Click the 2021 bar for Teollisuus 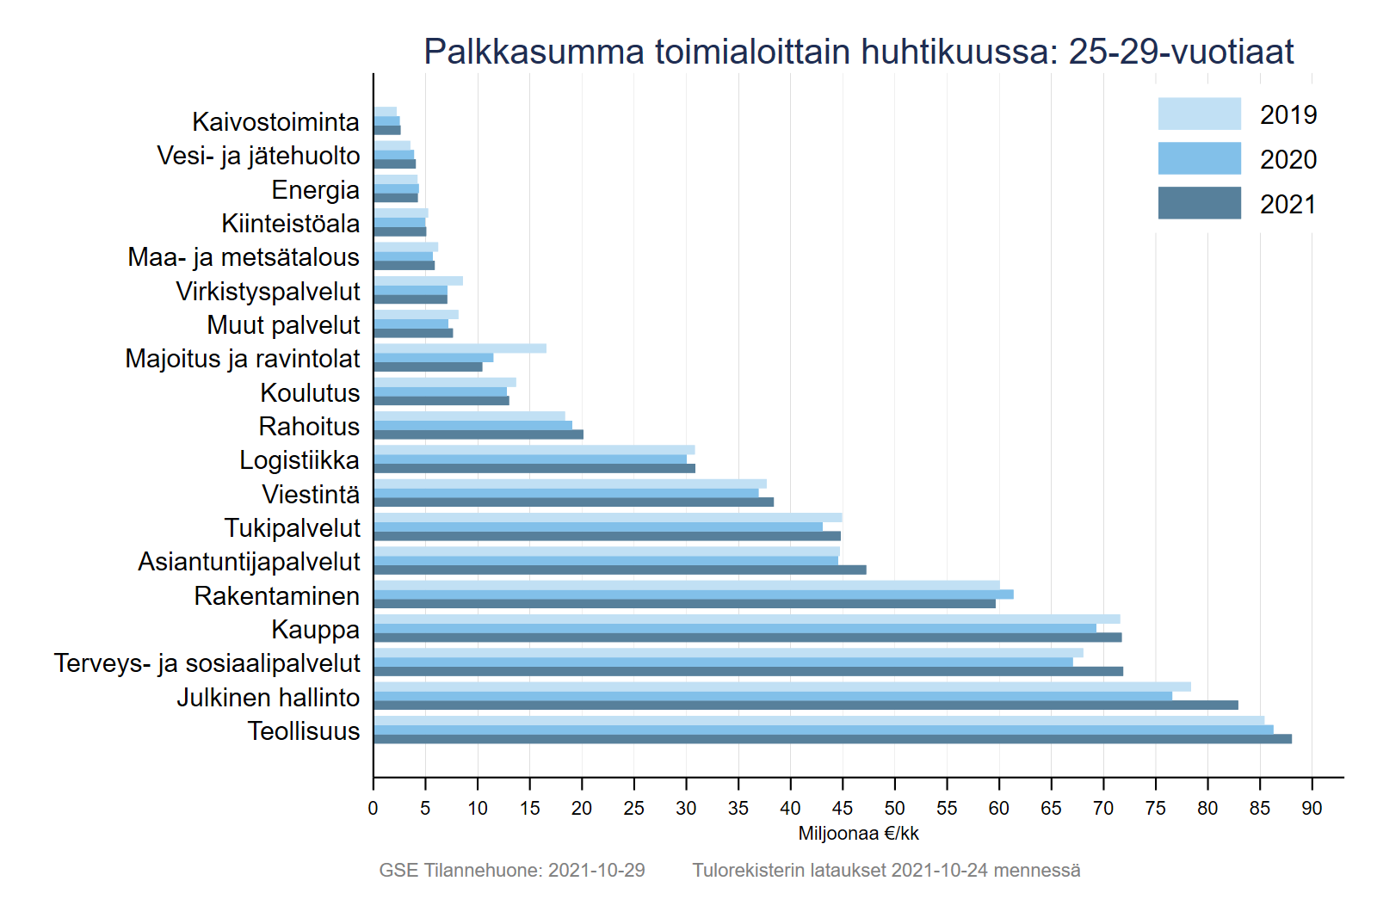832,739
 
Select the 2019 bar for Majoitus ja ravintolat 460,348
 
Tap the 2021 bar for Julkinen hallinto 806,705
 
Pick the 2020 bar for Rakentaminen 693,595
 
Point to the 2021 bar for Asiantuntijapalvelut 620,570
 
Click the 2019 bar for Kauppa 746,619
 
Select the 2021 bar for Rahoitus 479,434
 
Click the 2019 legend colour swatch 1199,114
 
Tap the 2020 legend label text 1287,159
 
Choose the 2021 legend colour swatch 1199,203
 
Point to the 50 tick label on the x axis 894,808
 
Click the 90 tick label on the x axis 1312,808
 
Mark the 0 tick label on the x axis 373,808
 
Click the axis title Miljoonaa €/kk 858,833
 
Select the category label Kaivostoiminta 275,122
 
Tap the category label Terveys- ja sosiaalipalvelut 207,663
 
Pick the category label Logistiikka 299,460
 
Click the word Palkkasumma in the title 534,52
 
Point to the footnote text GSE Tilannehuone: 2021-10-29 512,870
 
